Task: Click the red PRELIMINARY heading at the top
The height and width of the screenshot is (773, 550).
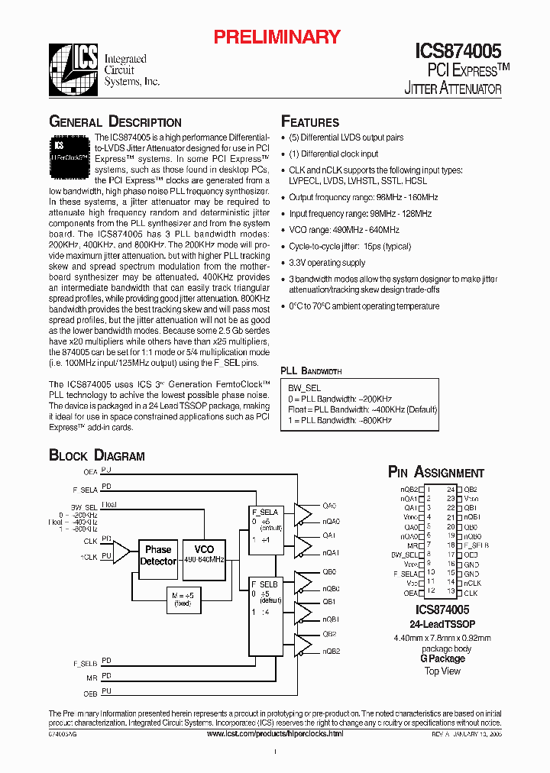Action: click(276, 37)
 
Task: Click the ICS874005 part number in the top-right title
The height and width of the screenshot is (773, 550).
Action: click(458, 51)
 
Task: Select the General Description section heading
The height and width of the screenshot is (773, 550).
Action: click(115, 122)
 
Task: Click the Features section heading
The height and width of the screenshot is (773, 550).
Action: click(310, 122)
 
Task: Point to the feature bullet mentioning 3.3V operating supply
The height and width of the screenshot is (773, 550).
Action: click(327, 263)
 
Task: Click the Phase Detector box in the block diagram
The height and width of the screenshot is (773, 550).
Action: click(158, 555)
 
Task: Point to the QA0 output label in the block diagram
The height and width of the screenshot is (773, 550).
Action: click(329, 506)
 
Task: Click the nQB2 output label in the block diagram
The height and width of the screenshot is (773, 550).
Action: click(331, 651)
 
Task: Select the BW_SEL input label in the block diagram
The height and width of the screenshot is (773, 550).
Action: click(84, 507)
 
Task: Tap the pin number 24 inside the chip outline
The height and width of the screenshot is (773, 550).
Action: click(451, 489)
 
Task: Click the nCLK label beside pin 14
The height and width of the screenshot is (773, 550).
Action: click(471, 583)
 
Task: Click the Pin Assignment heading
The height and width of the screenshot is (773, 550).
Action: click(435, 473)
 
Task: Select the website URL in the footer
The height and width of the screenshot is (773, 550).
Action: click(275, 733)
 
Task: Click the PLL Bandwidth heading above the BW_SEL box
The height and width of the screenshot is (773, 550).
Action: click(312, 370)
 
